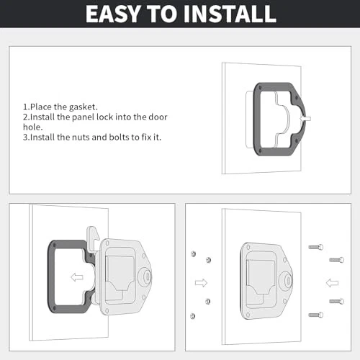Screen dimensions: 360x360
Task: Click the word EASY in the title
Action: coord(112,14)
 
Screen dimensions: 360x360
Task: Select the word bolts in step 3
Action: coord(119,138)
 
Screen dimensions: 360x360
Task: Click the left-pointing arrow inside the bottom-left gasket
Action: coord(77,277)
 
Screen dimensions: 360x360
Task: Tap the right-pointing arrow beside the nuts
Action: coord(201,283)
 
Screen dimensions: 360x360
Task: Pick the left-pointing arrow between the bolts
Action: coord(332,283)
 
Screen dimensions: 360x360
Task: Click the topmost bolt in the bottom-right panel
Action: coord(316,247)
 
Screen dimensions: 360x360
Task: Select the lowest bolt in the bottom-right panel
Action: coord(316,315)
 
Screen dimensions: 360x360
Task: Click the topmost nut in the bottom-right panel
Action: coord(193,253)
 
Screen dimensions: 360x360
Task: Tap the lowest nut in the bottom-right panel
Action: coord(192,316)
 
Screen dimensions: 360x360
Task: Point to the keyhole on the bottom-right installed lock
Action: coord(287,280)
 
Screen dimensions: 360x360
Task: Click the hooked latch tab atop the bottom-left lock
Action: coord(93,238)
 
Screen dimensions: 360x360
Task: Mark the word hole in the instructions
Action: coord(32,127)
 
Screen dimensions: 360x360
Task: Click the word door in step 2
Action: coord(158,117)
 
